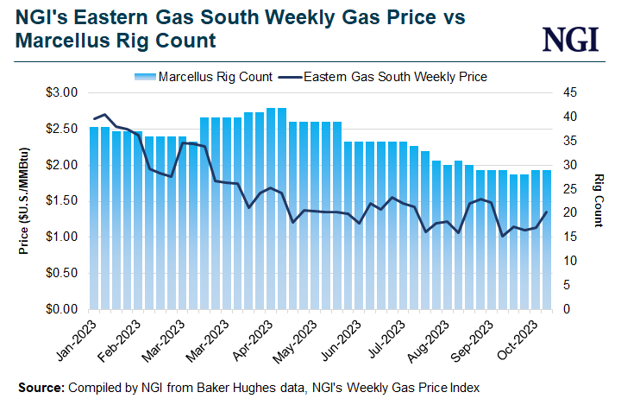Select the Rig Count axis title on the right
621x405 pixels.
click(x=598, y=200)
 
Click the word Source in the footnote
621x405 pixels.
click(x=40, y=388)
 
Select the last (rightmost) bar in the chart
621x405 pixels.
click(x=546, y=239)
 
